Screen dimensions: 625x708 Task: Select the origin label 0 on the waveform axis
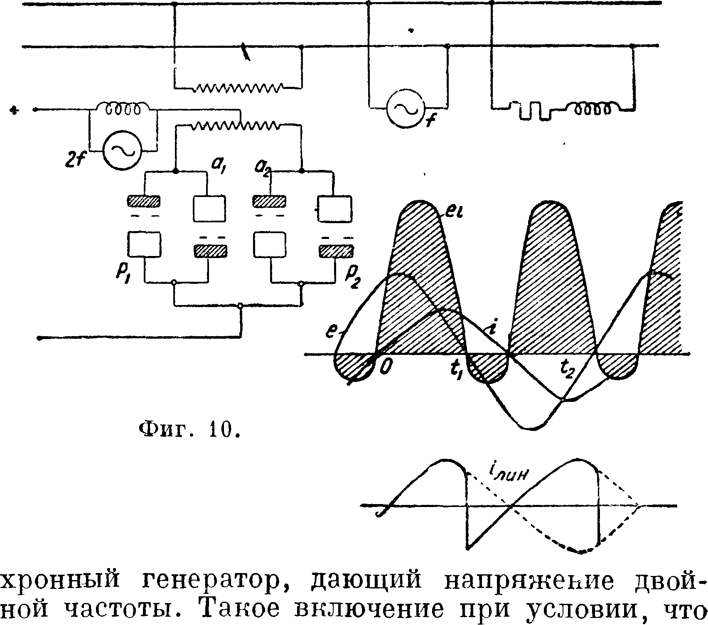(x=385, y=367)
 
